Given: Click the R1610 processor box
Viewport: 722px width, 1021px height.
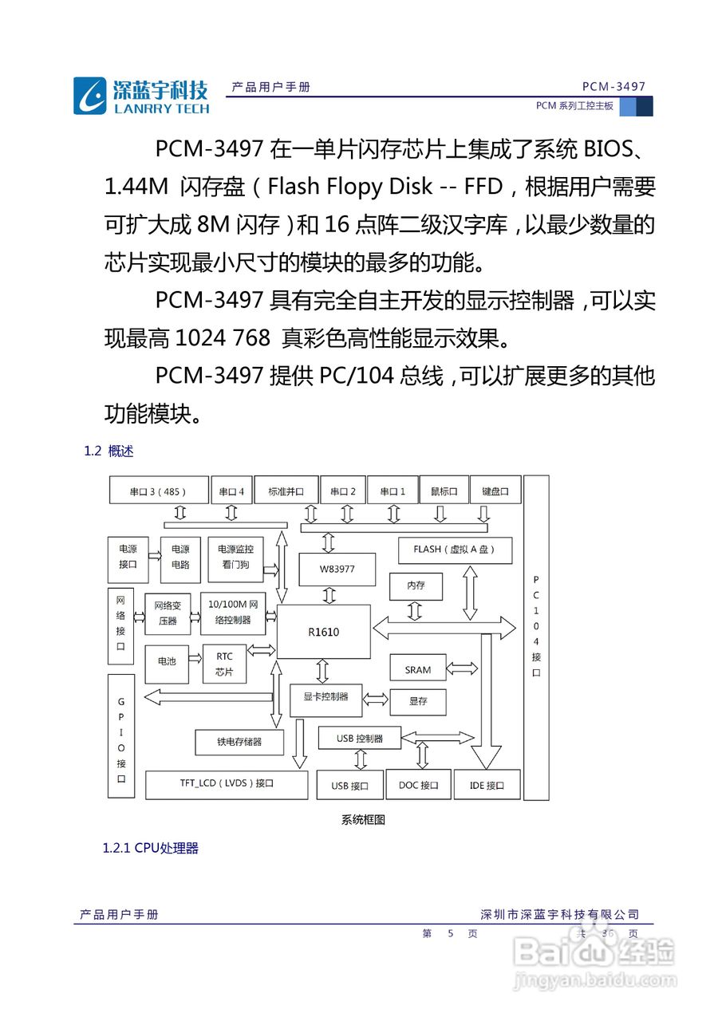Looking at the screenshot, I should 323,632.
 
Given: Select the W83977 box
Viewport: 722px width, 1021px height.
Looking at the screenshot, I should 336,569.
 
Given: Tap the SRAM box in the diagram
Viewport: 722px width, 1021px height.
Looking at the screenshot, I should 417,670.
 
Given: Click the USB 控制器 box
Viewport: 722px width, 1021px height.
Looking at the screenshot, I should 359,739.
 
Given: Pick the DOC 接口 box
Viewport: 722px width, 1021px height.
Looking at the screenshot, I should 419,785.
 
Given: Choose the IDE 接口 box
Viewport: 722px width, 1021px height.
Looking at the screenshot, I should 487,785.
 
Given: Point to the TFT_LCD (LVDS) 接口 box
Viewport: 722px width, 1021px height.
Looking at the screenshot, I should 227,784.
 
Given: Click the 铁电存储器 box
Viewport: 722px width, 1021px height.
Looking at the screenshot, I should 239,742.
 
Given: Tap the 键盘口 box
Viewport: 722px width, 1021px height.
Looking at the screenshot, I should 495,491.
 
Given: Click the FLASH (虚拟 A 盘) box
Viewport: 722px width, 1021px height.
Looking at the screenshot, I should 455,550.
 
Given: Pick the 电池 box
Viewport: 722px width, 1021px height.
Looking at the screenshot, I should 167,662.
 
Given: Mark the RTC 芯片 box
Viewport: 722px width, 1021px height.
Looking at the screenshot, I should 224,664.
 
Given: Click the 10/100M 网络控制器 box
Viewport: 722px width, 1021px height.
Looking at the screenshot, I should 231,613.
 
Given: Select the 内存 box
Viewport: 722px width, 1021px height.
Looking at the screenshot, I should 416,585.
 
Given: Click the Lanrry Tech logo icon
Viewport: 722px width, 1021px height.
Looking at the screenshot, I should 89,97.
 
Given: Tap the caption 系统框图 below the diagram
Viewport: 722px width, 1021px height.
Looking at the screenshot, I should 363,819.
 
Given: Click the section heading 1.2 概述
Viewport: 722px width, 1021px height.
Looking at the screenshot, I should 108,451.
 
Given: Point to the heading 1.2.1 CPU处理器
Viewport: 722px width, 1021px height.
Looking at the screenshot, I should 150,848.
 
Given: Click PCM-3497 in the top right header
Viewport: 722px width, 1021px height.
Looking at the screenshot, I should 614,86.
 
